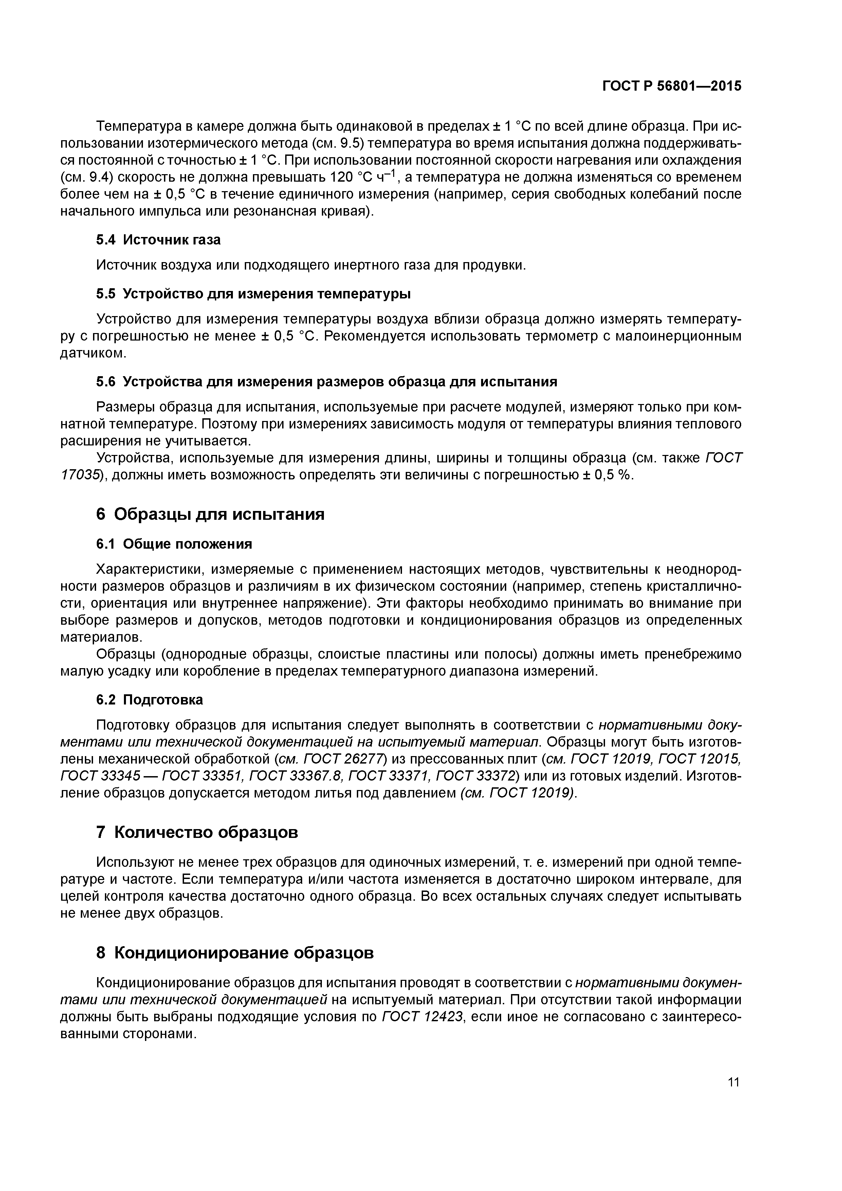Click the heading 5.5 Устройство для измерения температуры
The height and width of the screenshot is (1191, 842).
point(253,294)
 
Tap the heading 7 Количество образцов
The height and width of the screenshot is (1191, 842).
point(197,832)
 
